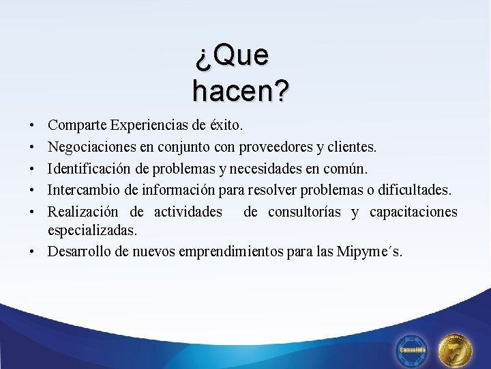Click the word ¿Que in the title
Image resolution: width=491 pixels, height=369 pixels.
[x=231, y=56]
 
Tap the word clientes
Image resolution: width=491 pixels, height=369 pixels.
[x=349, y=147]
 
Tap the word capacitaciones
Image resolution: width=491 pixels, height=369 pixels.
[x=413, y=212]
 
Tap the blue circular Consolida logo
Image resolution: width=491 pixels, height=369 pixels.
[x=413, y=349]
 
